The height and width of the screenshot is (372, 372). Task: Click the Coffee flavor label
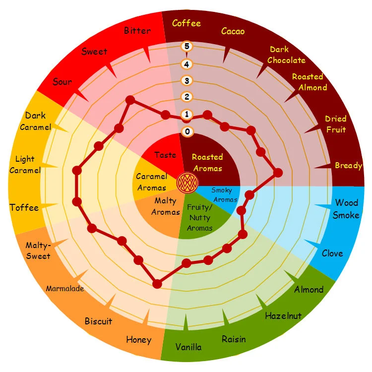coord(186,23)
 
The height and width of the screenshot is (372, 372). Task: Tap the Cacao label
coord(233,32)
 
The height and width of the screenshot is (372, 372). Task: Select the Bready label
coord(348,165)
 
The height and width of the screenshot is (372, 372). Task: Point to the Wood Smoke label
coord(346,208)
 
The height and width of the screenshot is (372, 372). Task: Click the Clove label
coord(332,253)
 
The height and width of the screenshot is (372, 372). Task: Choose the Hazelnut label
coord(283,315)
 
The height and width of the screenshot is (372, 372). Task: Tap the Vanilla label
coord(188,347)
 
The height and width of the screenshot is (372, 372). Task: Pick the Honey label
coord(138,340)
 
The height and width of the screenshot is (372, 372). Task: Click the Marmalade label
coord(65,288)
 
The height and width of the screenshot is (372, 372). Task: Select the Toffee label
coord(24,207)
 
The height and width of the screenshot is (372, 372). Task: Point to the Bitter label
coord(137,31)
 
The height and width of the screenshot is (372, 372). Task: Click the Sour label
coord(62,82)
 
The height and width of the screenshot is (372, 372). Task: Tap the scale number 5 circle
coord(187,47)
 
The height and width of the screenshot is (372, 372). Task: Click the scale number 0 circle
coord(187,131)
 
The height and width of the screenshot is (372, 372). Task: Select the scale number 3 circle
coord(187,80)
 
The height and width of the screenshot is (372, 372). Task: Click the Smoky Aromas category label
coord(224,194)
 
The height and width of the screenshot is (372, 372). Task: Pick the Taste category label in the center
coord(165,155)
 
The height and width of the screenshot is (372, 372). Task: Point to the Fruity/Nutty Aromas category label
coord(199,218)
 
